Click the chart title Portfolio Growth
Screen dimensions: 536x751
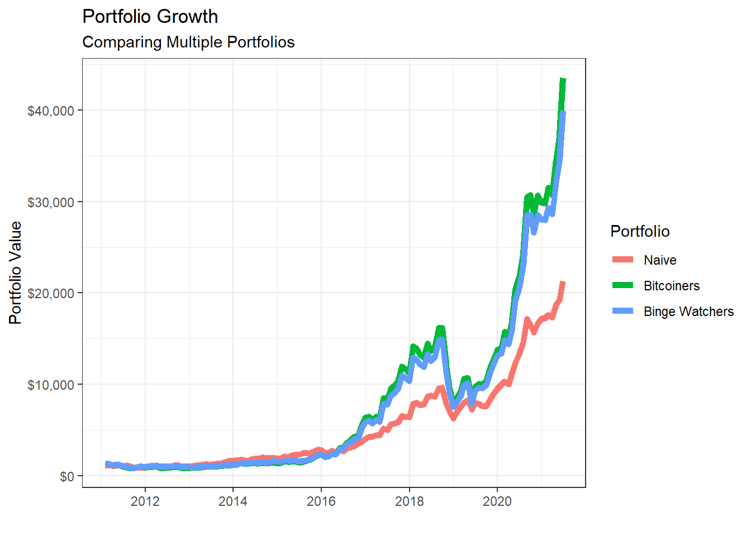click(150, 17)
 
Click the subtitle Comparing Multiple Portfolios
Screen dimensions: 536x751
click(188, 42)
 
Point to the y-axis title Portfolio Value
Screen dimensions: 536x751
click(16, 272)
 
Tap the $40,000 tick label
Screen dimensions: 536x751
click(51, 111)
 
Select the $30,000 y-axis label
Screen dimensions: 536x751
click(51, 202)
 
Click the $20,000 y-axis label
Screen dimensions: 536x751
click(51, 293)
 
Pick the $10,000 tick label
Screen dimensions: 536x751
click(51, 385)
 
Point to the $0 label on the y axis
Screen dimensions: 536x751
click(67, 476)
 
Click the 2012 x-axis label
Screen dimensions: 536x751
click(145, 501)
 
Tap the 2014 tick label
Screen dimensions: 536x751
click(233, 501)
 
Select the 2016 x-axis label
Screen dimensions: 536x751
click(321, 501)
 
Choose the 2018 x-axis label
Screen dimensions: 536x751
click(410, 501)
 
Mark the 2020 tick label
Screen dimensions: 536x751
click(497, 501)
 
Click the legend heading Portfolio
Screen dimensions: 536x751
click(640, 231)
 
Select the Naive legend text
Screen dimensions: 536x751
click(660, 260)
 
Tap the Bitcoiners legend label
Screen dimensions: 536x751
click(672, 286)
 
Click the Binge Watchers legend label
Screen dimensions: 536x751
click(688, 312)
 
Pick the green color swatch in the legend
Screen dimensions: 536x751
click(622, 285)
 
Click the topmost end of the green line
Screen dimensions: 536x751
click(563, 80)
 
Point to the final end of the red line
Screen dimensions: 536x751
click(563, 283)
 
